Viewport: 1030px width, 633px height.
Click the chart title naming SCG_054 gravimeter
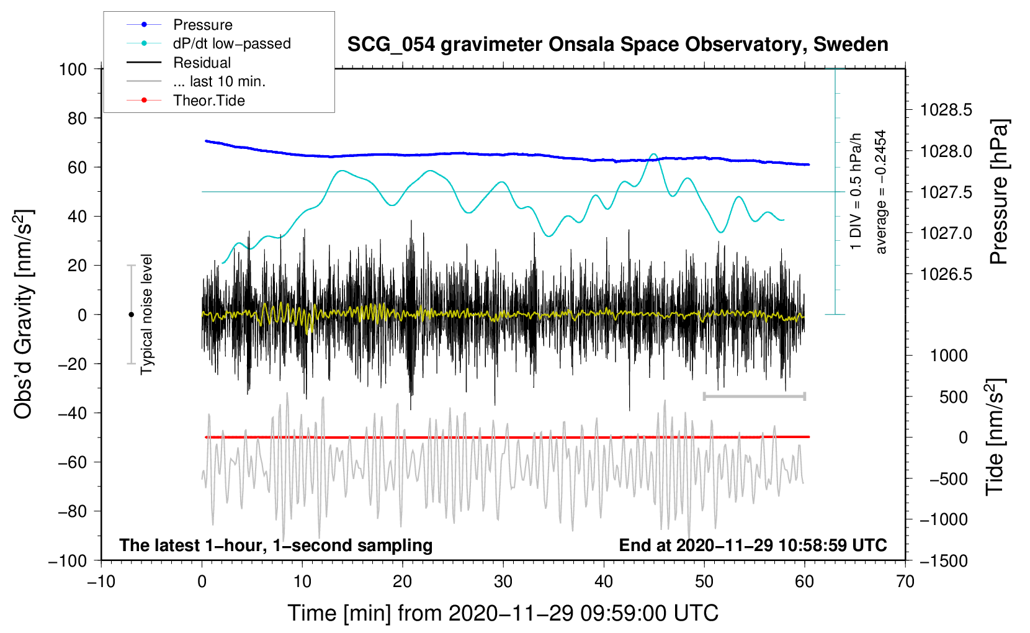coord(617,45)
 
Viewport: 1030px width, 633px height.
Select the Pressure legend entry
coord(202,25)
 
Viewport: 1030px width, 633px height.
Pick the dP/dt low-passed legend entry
coord(231,43)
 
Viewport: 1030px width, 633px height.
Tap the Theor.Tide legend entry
coord(208,101)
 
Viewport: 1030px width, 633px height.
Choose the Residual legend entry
coord(202,63)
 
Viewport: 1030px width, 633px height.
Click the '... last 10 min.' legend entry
coord(219,81)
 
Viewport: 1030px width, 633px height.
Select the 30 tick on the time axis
coord(503,581)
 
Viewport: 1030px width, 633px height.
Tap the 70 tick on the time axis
coord(905,581)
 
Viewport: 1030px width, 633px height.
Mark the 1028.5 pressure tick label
coord(946,110)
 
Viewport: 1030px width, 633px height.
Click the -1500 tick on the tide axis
coord(943,560)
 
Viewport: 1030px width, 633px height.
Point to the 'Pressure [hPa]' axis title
coord(998,192)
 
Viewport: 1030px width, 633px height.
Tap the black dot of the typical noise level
coord(131,315)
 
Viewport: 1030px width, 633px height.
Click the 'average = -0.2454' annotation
coord(881,192)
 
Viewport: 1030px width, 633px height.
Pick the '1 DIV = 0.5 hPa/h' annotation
coord(856,191)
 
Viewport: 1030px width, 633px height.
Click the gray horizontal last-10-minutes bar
coord(754,396)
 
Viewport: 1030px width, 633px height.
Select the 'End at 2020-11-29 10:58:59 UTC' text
coord(753,545)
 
